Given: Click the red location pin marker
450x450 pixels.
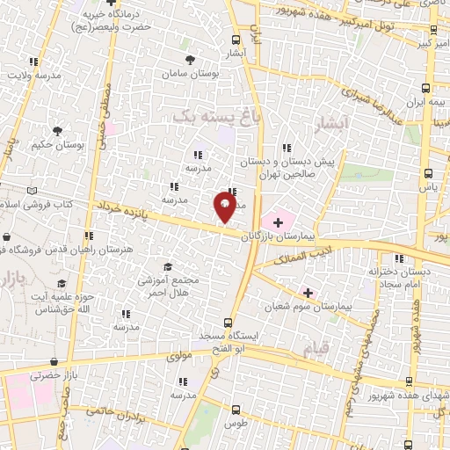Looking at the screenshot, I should [x=225, y=207].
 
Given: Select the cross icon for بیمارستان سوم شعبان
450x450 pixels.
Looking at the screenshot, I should [x=308, y=292].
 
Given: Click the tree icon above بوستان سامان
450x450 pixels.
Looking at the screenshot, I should [x=191, y=60].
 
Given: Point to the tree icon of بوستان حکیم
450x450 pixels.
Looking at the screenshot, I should [x=57, y=131].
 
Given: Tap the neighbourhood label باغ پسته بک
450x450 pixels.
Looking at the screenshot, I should [x=206, y=115].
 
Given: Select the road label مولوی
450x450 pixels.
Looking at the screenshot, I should [x=156, y=358].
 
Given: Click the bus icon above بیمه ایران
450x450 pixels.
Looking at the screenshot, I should [x=426, y=88].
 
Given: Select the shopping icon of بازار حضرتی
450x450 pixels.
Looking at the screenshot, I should [x=55, y=361].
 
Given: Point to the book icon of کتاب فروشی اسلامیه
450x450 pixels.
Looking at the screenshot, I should [x=32, y=191].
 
